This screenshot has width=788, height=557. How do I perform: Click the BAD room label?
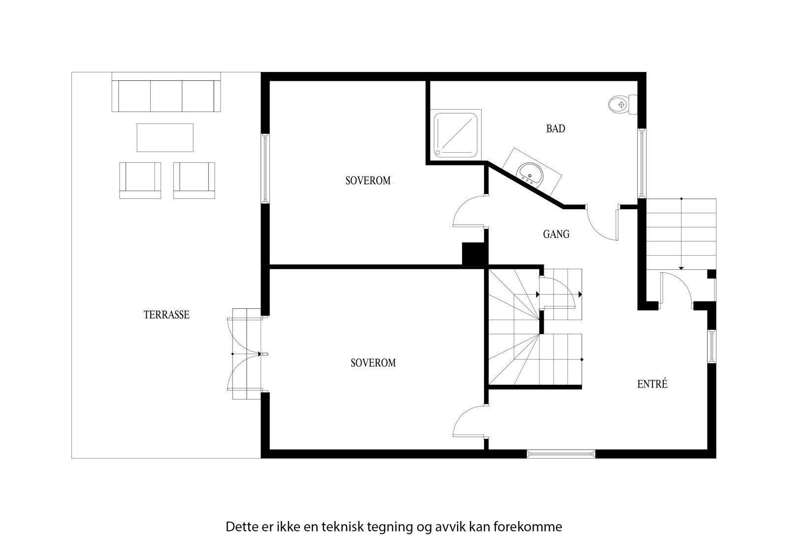556,129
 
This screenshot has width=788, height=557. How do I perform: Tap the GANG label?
556,234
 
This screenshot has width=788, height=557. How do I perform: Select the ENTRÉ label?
652,384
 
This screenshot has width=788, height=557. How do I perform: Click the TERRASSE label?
166,315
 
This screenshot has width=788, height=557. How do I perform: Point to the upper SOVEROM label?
368,181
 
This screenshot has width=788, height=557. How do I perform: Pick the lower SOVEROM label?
373,363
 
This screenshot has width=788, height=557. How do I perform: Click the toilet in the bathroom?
622,104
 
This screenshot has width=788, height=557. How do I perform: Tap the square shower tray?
456,136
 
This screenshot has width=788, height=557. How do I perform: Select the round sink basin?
529,173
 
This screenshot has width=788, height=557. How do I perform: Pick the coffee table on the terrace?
165,137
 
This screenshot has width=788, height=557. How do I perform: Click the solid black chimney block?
474,255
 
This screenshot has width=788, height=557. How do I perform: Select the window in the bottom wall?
561,454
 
